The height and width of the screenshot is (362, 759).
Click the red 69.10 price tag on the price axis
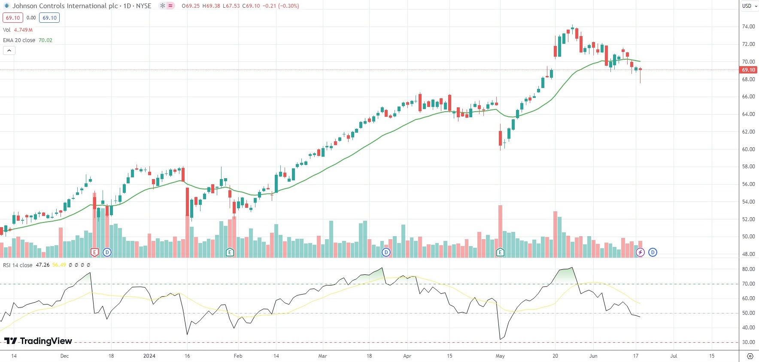pyautogui.click(x=748, y=70)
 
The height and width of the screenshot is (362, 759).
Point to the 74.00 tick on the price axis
pyautogui.click(x=748, y=27)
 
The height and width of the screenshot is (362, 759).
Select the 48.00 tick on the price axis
pyautogui.click(x=748, y=254)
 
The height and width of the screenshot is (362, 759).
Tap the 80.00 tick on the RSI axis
pyautogui.click(x=748, y=269)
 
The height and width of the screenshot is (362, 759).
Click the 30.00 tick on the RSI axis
pyautogui.click(x=748, y=342)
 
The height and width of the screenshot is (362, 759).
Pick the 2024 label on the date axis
pyautogui.click(x=149, y=356)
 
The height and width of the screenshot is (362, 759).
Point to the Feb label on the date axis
pyautogui.click(x=238, y=356)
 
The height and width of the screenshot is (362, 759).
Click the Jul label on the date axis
pyautogui.click(x=674, y=356)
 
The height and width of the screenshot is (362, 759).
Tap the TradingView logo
pyautogui.click(x=38, y=341)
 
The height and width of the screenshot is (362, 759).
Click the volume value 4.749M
pyautogui.click(x=23, y=30)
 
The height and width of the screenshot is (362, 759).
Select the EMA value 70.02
pyautogui.click(x=46, y=40)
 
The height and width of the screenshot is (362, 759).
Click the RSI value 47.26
pyautogui.click(x=43, y=265)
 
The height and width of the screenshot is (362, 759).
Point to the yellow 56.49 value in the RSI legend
pyautogui.click(x=59, y=265)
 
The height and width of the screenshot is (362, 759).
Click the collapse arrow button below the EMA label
pyautogui.click(x=9, y=51)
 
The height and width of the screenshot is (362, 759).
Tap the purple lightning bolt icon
pyautogui.click(x=640, y=252)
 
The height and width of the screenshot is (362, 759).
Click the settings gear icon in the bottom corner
pyautogui.click(x=750, y=356)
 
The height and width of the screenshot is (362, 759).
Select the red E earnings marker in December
pyautogui.click(x=94, y=252)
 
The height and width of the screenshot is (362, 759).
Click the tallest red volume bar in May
pyautogui.click(x=500, y=228)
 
